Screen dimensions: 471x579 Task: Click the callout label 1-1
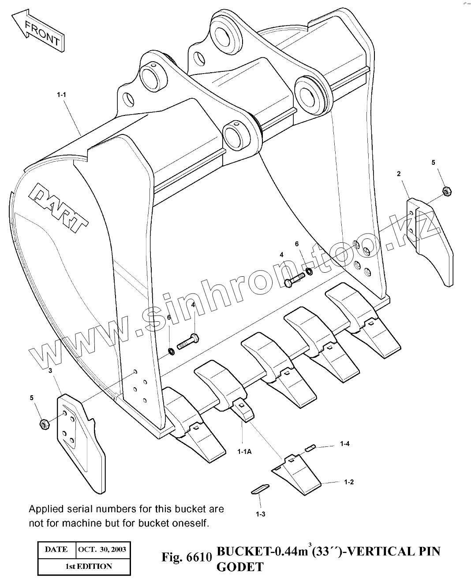click(x=61, y=94)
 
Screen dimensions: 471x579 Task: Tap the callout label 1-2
click(x=348, y=482)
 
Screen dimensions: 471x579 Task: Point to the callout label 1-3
click(x=260, y=514)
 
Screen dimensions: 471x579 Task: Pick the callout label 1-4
click(x=344, y=444)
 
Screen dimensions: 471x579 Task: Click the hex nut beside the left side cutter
click(x=44, y=424)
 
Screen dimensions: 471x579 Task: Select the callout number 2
click(x=399, y=174)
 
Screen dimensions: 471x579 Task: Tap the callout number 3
click(x=50, y=371)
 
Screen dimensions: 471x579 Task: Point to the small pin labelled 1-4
click(x=310, y=448)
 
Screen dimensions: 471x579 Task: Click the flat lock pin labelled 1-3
click(x=259, y=489)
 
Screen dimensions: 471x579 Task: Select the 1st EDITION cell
click(x=85, y=566)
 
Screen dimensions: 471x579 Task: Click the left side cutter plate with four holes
click(x=79, y=441)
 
